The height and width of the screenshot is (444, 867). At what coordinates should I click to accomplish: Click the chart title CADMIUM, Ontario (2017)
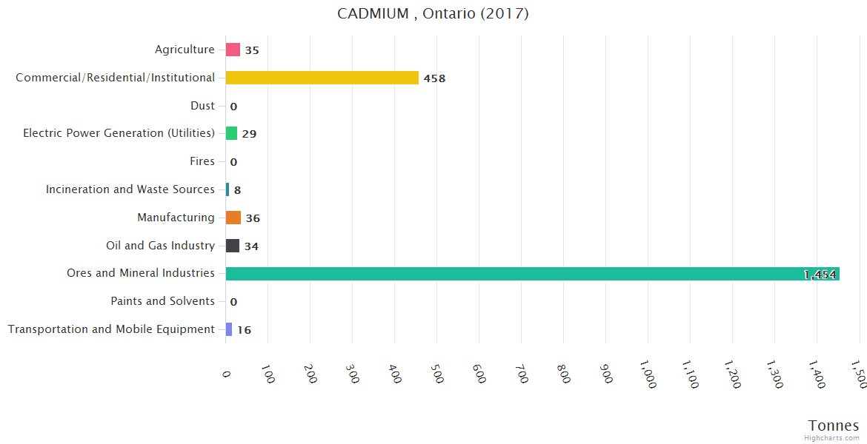433,13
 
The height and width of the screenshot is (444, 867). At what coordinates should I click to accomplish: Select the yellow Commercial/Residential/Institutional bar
322,78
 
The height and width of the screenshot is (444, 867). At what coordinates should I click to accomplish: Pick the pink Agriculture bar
233,50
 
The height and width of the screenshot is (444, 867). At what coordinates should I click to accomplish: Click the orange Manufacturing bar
233,218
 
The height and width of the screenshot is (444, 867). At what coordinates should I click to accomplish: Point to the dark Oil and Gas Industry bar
233,246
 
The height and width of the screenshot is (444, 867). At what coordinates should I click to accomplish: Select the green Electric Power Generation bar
232,133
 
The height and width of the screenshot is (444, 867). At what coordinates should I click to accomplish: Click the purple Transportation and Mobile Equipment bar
229,329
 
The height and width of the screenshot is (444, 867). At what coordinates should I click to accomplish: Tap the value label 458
434,78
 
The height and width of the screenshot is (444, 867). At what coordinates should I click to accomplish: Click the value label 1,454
820,275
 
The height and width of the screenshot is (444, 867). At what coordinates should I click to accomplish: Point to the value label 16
244,330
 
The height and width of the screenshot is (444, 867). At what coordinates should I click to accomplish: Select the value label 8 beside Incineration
237,190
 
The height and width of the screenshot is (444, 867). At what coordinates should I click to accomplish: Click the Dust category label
202,106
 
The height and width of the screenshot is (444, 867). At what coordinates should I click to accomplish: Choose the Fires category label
202,161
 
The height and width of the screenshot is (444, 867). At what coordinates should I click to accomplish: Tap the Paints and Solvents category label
162,301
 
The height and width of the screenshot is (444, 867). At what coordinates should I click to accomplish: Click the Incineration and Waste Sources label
130,189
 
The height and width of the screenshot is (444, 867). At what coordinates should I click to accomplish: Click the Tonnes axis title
833,425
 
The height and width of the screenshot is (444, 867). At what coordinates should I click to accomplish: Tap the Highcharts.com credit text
831,438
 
